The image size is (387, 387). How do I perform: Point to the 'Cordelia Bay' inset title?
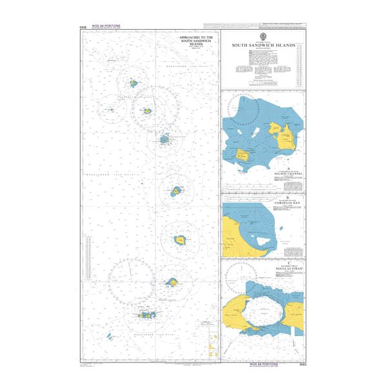(x=262, y=201)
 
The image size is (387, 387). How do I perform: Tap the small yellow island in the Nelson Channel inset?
(x=243, y=154)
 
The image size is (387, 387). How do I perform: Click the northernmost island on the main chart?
(x=134, y=83)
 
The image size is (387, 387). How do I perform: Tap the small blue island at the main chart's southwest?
(x=109, y=336)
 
